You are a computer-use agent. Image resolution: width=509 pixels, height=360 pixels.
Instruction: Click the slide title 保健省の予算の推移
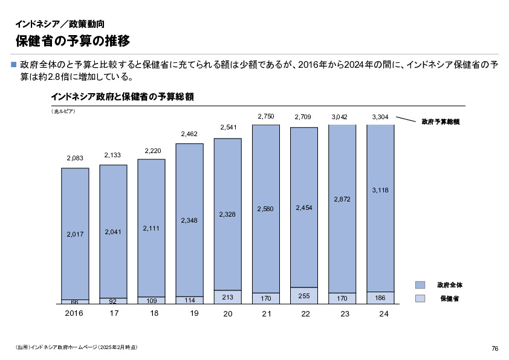point(73,41)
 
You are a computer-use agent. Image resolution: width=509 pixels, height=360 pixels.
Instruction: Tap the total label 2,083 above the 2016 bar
point(75,159)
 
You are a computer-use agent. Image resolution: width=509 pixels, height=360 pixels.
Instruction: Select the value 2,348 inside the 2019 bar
point(189,221)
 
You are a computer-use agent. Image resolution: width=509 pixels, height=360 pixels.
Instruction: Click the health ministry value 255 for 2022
point(304,295)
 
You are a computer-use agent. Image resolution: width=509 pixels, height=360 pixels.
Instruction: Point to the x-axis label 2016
point(74,313)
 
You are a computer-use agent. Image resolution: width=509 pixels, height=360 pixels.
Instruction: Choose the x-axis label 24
point(383,314)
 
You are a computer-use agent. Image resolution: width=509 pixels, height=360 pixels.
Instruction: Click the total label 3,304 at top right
point(380,116)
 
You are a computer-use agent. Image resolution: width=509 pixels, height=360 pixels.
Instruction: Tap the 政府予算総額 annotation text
point(440,122)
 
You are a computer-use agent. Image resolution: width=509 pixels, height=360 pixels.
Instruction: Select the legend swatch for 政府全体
point(420,284)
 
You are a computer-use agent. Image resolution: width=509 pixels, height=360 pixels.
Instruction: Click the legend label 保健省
point(449,298)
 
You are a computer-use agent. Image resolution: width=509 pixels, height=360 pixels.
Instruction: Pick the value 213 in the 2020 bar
point(227,297)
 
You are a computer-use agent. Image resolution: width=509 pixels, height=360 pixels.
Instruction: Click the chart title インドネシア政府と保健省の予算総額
point(122,97)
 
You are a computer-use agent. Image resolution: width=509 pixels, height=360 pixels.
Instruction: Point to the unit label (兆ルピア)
point(63,111)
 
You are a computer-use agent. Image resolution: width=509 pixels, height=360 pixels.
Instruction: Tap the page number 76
point(494,349)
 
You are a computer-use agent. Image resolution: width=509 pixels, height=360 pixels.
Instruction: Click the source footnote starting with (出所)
point(77,347)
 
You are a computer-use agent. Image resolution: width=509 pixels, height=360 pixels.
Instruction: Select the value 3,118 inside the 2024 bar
point(380,190)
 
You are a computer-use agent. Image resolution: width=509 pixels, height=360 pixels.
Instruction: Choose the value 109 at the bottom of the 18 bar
point(151,300)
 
